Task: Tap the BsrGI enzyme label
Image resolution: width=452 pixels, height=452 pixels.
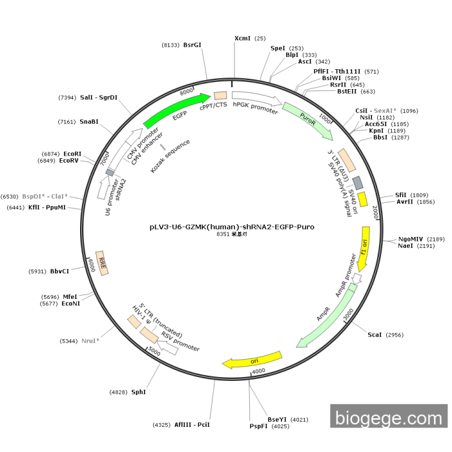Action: tap(192, 45)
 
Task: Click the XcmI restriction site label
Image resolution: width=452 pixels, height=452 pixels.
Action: tap(242, 39)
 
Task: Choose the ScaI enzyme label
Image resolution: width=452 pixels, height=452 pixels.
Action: tap(375, 335)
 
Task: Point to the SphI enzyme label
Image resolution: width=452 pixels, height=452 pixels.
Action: tap(139, 392)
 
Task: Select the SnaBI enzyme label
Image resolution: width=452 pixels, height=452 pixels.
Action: tap(89, 121)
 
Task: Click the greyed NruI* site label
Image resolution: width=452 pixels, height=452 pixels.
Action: tap(90, 340)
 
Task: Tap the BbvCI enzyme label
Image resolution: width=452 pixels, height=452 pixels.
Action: tap(59, 271)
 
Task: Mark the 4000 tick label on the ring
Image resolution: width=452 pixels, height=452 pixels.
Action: tap(258, 371)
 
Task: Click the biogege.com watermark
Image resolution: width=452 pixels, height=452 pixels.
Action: tap(388, 418)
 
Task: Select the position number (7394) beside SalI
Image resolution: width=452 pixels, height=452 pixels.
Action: tap(67, 98)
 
